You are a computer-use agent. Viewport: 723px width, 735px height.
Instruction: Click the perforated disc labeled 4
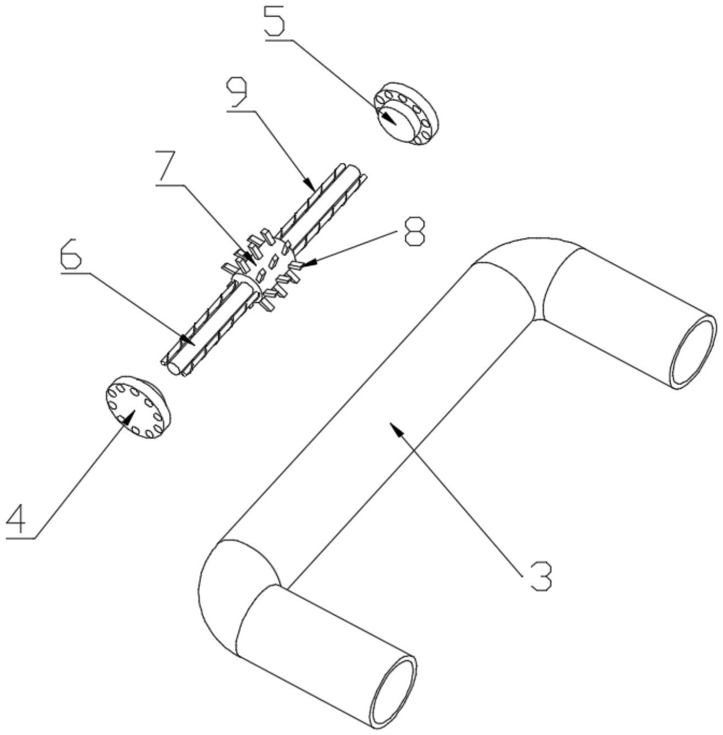[x=138, y=408]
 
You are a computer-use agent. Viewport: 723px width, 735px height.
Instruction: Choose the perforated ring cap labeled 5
[x=406, y=113]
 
